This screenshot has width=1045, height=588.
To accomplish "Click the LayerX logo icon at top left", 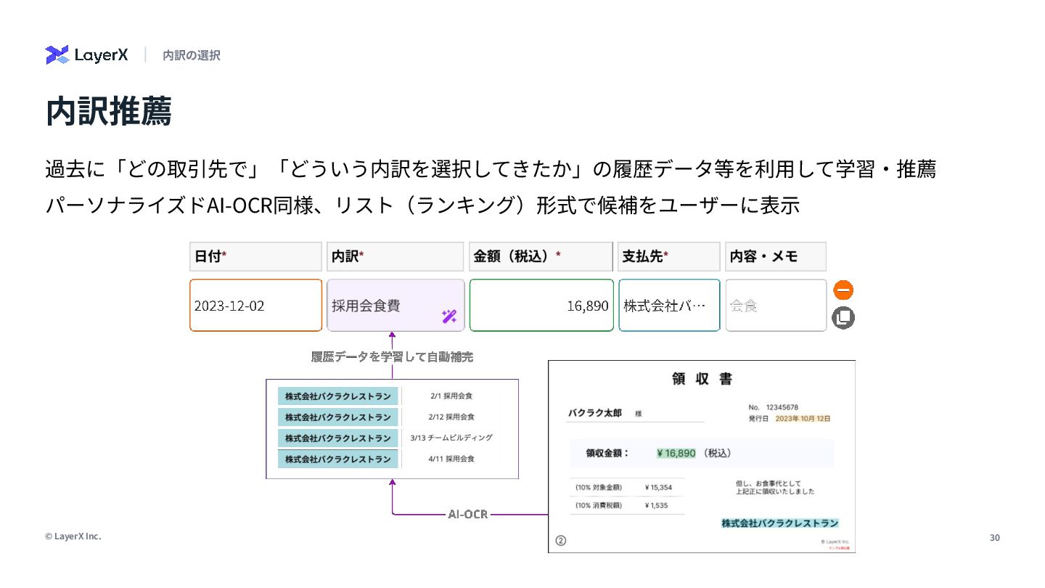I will (57, 55).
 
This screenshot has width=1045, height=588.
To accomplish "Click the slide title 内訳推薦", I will (108, 112).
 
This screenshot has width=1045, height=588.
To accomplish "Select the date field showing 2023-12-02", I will (255, 306).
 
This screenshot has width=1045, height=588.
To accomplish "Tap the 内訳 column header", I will (395, 256).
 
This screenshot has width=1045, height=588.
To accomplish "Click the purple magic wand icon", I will (449, 317).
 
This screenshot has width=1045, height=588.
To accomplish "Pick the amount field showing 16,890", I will (541, 306).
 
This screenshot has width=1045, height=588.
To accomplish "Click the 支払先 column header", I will (668, 256).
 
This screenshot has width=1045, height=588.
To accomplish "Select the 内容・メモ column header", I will (775, 256).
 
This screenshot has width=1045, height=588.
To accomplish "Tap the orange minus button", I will (843, 290).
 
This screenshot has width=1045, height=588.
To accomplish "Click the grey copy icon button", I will (843, 318).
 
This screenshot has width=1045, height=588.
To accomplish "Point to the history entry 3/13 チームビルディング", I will (451, 438).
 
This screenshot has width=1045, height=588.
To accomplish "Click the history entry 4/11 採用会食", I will (451, 459).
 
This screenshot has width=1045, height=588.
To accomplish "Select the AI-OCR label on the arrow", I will (467, 514).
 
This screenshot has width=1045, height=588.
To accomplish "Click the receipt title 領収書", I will (702, 379).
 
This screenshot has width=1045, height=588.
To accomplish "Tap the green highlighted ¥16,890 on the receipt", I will (676, 453).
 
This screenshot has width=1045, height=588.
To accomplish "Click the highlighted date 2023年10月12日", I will (803, 419).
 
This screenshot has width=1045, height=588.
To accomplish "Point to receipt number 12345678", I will (782, 407).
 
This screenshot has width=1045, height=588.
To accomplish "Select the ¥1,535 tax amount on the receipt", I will (656, 505).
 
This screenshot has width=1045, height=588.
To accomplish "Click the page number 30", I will (994, 537).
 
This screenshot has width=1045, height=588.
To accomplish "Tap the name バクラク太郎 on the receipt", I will (594, 413).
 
